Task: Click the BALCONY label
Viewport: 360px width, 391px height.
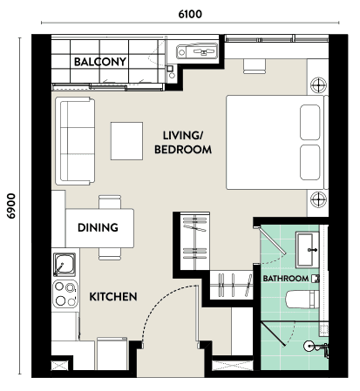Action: (100, 62)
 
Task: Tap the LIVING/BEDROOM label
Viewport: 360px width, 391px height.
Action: (183, 143)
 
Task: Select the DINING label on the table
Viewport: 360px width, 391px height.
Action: (98, 227)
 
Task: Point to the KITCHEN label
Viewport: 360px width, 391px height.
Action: (113, 297)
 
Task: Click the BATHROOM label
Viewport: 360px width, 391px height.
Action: (286, 279)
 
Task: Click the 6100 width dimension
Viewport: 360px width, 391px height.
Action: (190, 14)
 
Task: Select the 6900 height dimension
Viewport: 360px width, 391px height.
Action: (11, 206)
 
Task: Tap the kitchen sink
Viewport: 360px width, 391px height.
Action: (65, 265)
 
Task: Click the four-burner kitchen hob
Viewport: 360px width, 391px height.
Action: (65, 293)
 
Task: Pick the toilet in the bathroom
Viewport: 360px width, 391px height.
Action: (302, 300)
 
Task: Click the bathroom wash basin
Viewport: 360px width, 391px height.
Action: (307, 249)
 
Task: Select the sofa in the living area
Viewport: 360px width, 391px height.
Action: (75, 141)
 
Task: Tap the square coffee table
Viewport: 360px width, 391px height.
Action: (126, 141)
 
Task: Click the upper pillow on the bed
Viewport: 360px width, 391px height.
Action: (310, 122)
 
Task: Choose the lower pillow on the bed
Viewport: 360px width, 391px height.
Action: (310, 162)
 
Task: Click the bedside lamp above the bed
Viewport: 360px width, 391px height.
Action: (318, 85)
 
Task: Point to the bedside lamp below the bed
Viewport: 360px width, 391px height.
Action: (318, 199)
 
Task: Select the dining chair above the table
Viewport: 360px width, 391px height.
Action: (110, 202)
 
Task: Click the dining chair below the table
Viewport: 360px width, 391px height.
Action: (110, 254)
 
